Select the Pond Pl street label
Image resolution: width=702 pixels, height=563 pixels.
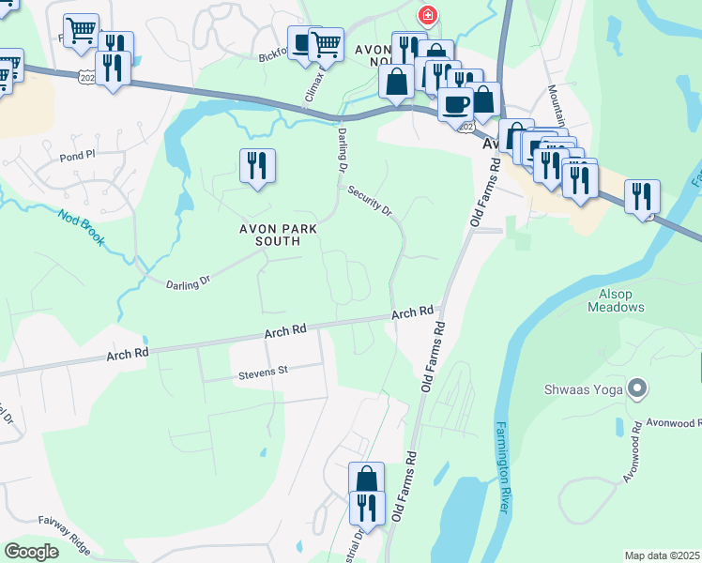(78, 159)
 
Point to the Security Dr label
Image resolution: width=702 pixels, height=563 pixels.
(370, 201)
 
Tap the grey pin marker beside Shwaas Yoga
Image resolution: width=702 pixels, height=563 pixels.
(637, 388)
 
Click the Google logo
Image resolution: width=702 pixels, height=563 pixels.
(31, 552)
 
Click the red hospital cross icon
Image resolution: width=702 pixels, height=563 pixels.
(427, 16)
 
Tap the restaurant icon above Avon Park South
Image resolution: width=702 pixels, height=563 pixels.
(256, 166)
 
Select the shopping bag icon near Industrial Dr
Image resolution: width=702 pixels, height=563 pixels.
(366, 479)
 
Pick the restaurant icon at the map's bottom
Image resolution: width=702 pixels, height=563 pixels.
(366, 508)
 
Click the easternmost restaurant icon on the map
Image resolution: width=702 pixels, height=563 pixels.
(642, 196)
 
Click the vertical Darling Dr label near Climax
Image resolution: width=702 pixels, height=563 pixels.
(343, 147)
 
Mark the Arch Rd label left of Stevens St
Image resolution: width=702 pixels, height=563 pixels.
(128, 354)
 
